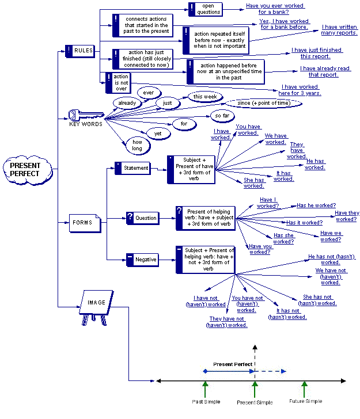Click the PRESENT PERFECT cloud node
coord(25,169)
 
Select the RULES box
coord(79,51)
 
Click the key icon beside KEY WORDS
coord(78,114)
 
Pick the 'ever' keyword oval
coord(149,93)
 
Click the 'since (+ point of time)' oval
coord(263,103)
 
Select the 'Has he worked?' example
coord(316,205)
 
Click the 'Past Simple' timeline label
coord(204,401)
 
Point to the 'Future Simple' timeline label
coord(305,401)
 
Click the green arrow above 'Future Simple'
coord(305,387)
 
